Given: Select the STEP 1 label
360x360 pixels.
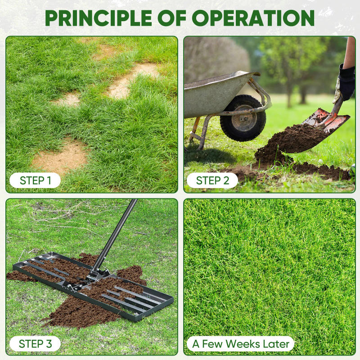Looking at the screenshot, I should [x=36, y=180].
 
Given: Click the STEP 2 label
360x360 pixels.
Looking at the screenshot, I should [x=212, y=180].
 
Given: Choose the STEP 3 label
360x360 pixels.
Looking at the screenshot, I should [x=36, y=344].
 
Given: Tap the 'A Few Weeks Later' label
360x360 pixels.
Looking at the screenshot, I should [x=241, y=344].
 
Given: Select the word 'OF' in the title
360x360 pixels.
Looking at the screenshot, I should [x=176, y=18].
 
